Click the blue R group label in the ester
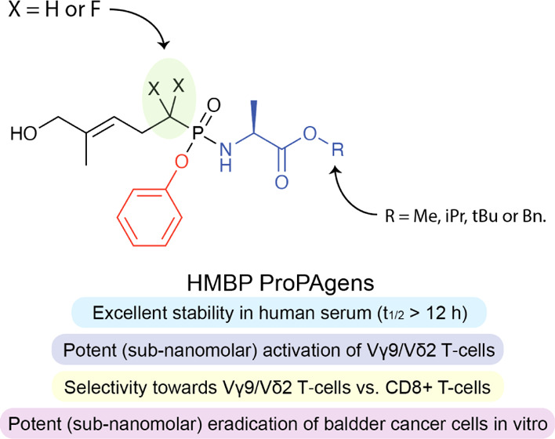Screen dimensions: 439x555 (337, 149)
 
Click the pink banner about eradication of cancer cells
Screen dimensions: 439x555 (277, 416)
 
